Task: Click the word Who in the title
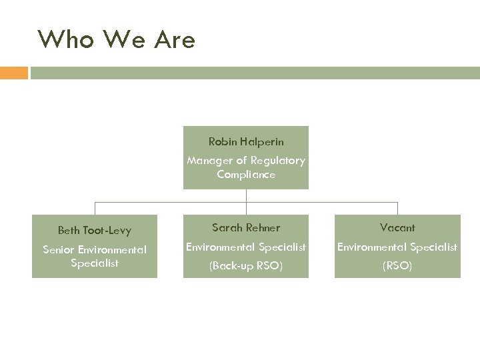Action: coord(63,40)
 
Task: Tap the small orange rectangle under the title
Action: coord(13,73)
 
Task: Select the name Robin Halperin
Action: coord(246,141)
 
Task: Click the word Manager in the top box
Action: coord(206,160)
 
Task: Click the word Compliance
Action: coord(246,175)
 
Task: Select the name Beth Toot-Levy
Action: coord(95,231)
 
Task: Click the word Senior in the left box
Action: coord(58,250)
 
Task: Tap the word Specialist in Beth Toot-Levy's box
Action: coord(95,263)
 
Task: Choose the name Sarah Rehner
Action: coord(246,228)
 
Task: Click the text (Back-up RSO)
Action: coord(246,266)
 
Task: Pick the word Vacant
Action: coord(397,228)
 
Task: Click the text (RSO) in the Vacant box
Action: coord(397,266)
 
